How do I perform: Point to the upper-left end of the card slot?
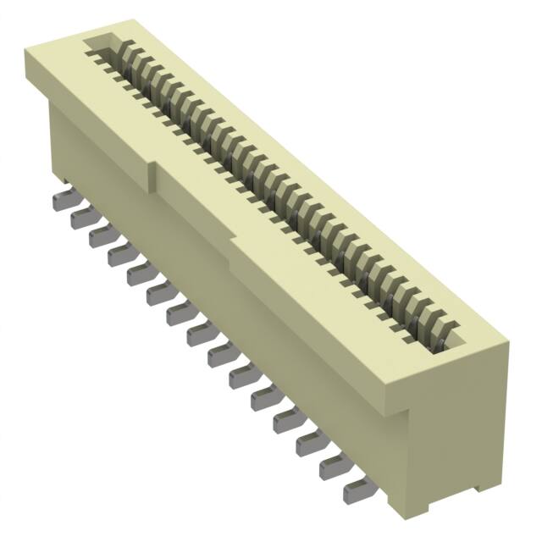(95, 44)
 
